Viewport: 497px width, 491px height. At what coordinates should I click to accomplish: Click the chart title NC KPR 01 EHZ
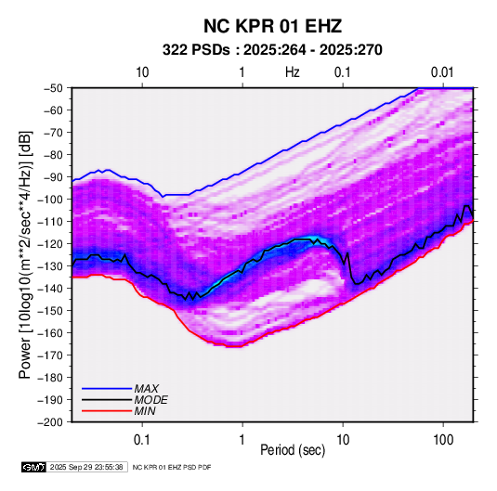(272, 26)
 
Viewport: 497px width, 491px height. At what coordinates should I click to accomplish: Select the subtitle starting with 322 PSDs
(272, 50)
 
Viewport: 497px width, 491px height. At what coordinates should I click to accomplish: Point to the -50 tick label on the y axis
(53, 88)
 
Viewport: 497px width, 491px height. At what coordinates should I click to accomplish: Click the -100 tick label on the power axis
(50, 200)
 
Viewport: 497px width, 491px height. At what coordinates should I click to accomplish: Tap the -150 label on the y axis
(50, 311)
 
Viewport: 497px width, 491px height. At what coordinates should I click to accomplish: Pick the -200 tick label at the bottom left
(50, 422)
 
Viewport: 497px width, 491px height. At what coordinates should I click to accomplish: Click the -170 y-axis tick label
(50, 355)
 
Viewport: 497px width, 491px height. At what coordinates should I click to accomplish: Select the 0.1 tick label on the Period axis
(142, 440)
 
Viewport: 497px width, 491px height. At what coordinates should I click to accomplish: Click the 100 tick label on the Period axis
(443, 440)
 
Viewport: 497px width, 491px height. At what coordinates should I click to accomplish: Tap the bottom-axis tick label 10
(343, 440)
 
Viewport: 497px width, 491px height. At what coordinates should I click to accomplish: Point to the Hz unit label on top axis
(293, 72)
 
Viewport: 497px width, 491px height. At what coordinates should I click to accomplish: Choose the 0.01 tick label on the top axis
(442, 72)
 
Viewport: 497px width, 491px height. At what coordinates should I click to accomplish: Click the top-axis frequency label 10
(142, 72)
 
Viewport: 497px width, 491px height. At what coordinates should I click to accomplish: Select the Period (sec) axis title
(293, 450)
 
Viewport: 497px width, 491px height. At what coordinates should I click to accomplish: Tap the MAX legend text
(146, 389)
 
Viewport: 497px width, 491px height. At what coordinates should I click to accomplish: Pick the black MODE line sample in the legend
(107, 400)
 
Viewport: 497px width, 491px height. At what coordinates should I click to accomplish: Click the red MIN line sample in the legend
(107, 411)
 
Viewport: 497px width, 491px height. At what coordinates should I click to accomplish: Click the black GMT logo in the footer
(34, 467)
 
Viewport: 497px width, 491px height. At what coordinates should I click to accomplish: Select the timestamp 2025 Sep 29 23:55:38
(86, 467)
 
